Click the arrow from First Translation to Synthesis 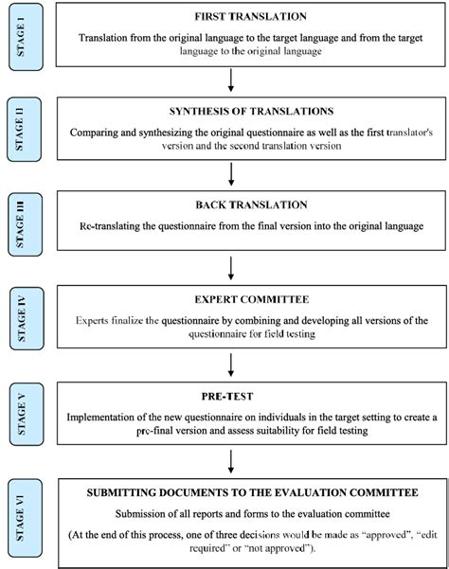[231, 80]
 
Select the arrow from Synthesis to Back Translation [231, 173]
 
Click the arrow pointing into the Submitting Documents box [231, 463]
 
